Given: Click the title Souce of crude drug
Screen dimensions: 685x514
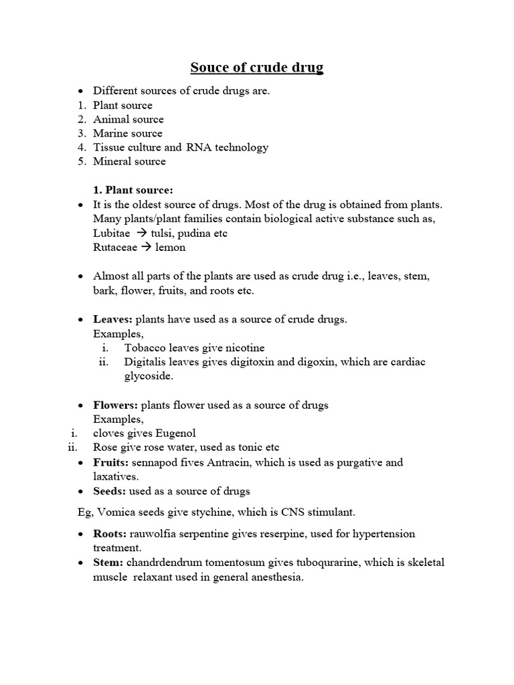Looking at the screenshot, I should (257, 68).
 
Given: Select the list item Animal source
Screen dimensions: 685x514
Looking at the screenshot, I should (128, 119).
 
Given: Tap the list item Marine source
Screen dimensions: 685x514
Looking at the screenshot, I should (128, 133).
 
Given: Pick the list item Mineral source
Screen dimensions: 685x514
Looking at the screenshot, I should (129, 161).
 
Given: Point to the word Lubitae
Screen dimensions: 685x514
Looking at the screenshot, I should (112, 233).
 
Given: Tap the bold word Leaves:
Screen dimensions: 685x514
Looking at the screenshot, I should (112, 319).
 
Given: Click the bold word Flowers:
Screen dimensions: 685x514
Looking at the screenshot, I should (116, 405).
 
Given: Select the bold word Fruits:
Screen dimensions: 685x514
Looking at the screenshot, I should (111, 462).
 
